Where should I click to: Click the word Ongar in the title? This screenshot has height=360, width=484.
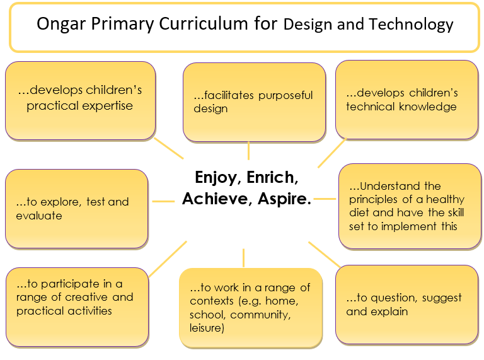pos(60,25)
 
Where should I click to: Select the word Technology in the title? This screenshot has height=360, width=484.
pos(411,25)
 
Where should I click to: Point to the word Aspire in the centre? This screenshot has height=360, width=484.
pos(284,199)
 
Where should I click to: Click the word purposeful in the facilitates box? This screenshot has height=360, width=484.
pos(285,96)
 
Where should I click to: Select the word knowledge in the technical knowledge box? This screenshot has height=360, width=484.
pos(427,107)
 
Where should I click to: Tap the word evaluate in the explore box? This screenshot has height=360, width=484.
pos(39,216)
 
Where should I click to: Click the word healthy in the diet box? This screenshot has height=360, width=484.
pos(445,200)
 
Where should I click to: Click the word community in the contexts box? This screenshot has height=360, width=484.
pos(260,315)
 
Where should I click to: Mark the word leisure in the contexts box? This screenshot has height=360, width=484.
pos(207,328)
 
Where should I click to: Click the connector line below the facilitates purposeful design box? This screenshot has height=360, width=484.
pos(248,151)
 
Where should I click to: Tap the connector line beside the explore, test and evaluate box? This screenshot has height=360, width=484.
pos(163,201)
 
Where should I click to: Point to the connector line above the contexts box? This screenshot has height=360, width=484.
pos(243,258)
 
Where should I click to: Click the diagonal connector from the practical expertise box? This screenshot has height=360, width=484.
pos(168,149)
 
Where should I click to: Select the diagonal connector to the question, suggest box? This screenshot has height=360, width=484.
pos(325,255)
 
